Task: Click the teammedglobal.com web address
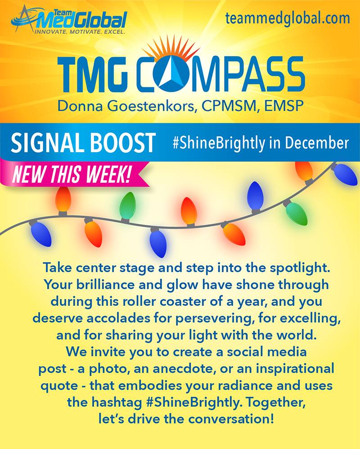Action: click(x=288, y=18)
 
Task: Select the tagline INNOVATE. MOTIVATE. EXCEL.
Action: click(x=80, y=32)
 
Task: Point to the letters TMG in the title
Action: click(x=92, y=74)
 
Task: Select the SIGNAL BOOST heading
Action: click(x=83, y=142)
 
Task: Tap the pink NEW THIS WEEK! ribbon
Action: click(x=74, y=174)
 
